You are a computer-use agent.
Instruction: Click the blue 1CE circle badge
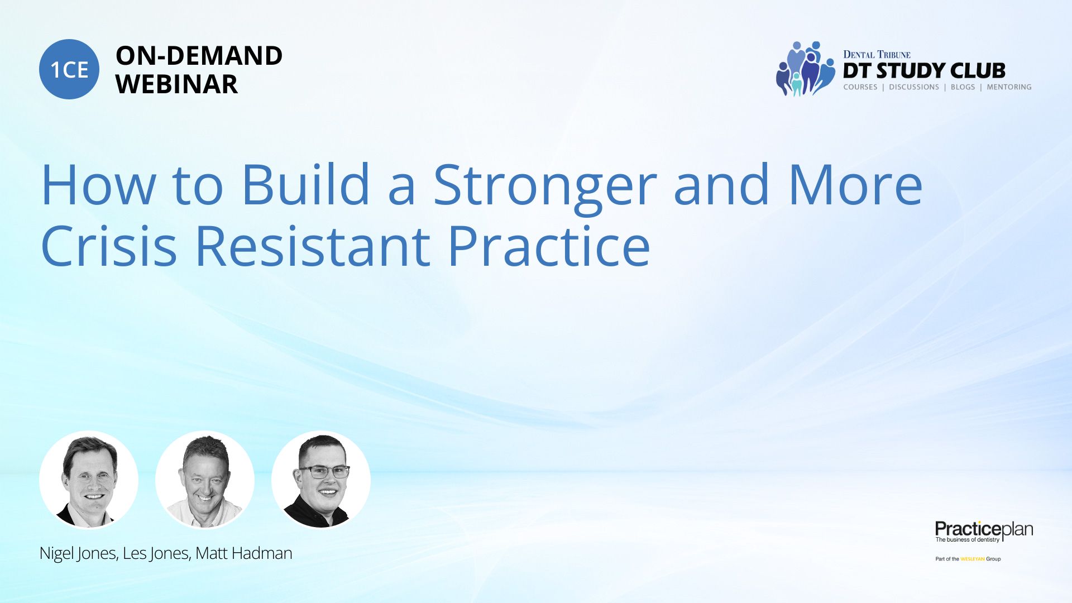point(69,69)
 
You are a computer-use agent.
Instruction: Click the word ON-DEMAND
point(199,56)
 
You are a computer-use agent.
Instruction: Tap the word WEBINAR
point(176,84)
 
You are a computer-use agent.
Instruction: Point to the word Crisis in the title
point(109,246)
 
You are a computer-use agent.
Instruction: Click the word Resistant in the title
point(313,246)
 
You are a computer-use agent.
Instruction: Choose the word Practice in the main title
point(549,246)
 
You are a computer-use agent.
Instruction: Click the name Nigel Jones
point(77,553)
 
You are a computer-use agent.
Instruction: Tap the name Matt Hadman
point(244,553)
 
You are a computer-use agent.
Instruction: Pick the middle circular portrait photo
point(205,480)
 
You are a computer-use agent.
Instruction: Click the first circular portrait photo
point(89,480)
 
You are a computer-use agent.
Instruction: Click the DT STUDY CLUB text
point(924,71)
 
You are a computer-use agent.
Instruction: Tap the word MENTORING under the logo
point(1009,87)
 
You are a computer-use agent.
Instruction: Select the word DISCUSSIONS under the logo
point(914,87)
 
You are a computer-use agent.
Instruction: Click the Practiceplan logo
point(984,531)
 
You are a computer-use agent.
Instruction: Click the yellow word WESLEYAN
point(973,559)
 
